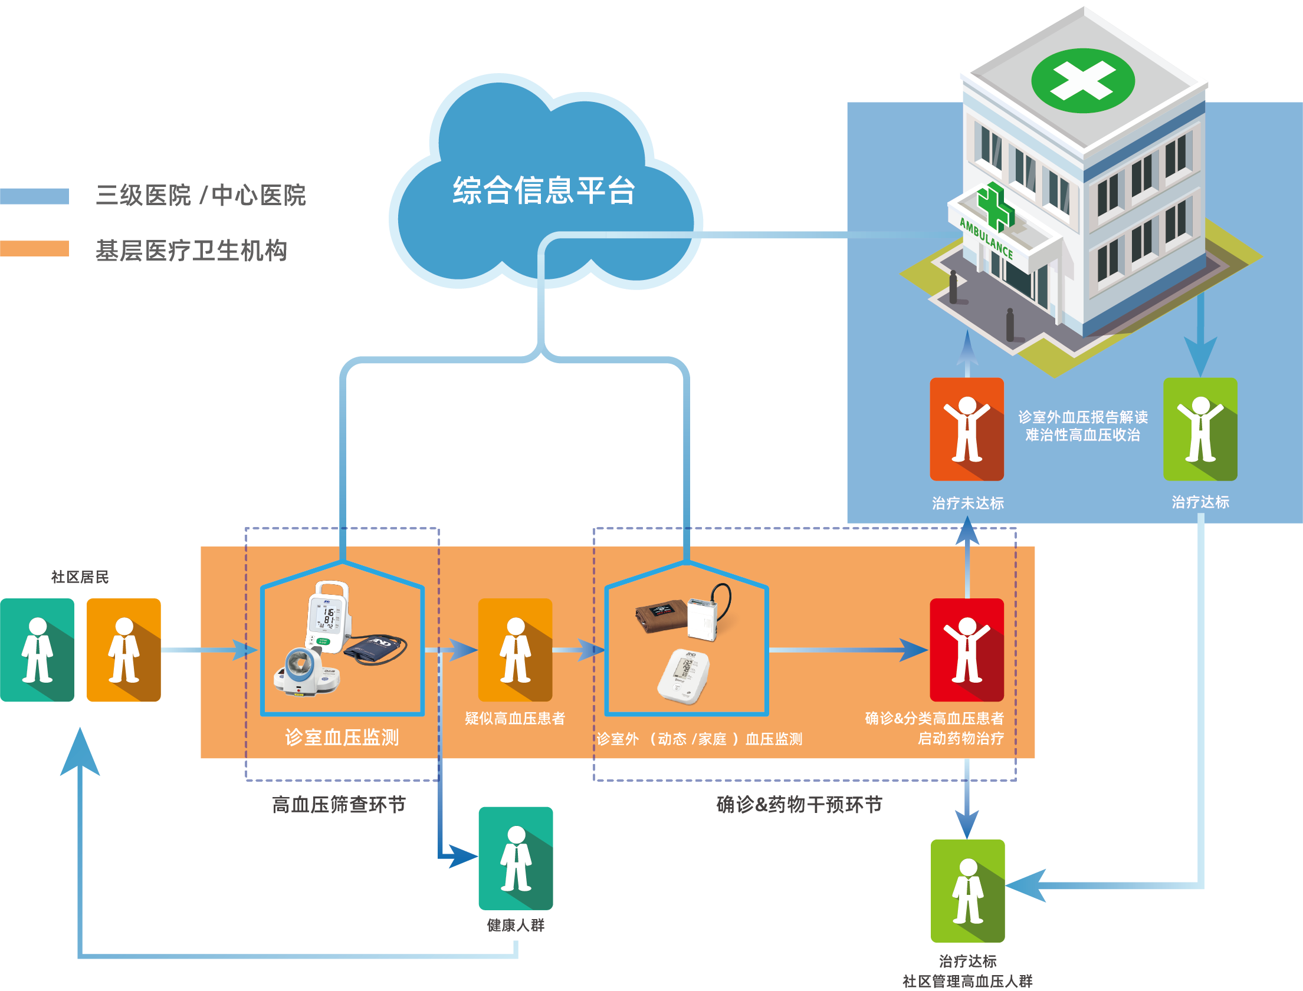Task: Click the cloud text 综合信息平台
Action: (x=543, y=190)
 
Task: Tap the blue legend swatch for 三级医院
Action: (x=34, y=196)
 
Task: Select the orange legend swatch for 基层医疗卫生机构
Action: (x=34, y=248)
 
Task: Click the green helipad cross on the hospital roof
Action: (x=1082, y=81)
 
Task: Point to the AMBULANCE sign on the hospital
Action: (x=986, y=238)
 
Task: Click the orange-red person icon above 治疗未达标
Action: (x=967, y=429)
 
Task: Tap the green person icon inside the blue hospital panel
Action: (x=1200, y=429)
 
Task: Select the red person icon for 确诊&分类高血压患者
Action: (x=967, y=650)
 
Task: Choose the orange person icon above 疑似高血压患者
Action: (x=515, y=650)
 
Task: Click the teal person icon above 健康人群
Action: (x=516, y=858)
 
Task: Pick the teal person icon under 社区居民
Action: (x=37, y=650)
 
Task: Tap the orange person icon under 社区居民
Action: (x=124, y=650)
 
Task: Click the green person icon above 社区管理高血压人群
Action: (x=967, y=891)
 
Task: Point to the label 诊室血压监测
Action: (x=342, y=738)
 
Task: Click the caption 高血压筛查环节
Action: (x=339, y=804)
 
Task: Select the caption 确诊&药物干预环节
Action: (x=799, y=804)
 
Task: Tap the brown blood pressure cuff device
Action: (x=661, y=616)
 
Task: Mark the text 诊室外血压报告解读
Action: (x=1083, y=417)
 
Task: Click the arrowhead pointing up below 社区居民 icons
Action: (x=80, y=752)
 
